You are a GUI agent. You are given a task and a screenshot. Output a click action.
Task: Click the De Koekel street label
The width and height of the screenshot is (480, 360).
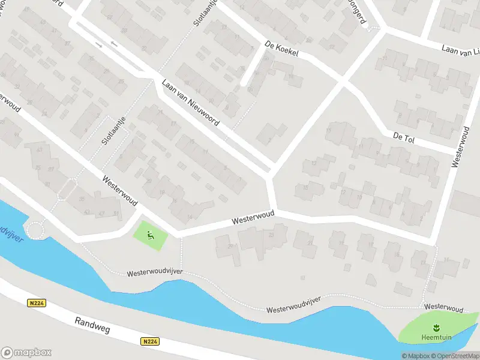281,49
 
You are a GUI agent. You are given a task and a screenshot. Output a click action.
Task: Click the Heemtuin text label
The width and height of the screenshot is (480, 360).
436,337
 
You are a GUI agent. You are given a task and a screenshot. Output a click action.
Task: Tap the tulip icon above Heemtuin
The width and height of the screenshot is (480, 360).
436,326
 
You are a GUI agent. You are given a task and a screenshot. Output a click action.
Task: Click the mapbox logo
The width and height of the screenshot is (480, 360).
26,352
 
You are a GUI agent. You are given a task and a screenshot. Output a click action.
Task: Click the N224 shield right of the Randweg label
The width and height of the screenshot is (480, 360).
150,341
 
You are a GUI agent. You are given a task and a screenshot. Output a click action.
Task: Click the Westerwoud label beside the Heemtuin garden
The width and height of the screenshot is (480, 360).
443,308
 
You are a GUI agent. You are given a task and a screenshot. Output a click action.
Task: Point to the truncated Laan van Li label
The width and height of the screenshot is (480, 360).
461,50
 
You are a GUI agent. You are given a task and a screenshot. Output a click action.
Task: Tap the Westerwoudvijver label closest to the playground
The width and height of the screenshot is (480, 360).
154,273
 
